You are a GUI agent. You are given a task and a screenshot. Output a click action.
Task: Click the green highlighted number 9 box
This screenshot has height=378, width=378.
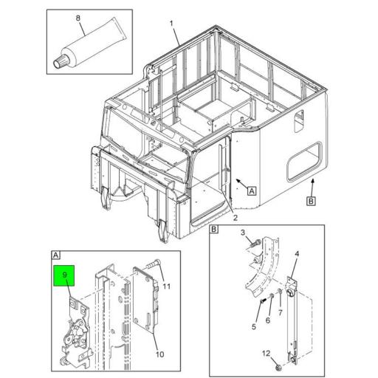[65, 278]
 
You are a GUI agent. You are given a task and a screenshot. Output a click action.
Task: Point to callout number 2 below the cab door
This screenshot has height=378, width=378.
[235, 218]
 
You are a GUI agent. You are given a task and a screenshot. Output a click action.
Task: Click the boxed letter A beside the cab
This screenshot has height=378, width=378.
[252, 190]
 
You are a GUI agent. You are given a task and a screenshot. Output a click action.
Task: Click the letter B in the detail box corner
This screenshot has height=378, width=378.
[214, 230]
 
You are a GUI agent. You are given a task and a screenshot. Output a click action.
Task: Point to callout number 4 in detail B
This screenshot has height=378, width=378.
[297, 255]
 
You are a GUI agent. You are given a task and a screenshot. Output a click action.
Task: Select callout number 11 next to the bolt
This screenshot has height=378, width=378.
[168, 286]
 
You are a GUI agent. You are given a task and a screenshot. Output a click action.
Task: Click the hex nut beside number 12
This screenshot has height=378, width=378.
[275, 365]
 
